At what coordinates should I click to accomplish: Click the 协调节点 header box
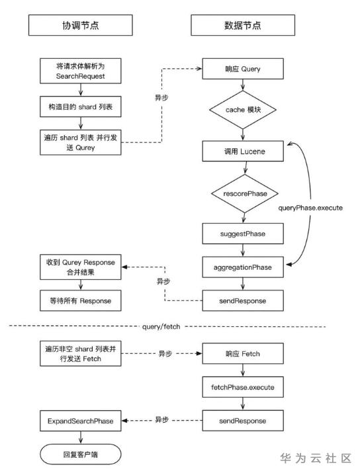point(80,25)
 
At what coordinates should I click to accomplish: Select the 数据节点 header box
point(243,25)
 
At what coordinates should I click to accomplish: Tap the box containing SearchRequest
point(81,71)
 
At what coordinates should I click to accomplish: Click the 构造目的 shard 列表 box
point(81,107)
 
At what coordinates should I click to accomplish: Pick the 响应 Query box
point(243,69)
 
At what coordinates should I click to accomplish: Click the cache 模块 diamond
point(243,110)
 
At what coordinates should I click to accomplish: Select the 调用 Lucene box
point(243,151)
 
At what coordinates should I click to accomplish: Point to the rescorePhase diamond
point(245,193)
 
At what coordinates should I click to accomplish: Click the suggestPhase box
point(243,234)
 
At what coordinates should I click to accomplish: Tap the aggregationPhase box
point(243,267)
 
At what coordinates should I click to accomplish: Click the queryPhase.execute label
point(310,208)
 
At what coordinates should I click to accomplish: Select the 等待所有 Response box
point(81,300)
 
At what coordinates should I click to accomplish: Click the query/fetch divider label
point(161,327)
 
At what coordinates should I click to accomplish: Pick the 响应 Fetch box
point(243,353)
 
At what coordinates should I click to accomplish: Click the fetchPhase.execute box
point(243,387)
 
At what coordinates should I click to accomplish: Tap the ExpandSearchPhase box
point(81,421)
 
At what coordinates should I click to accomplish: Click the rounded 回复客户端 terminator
point(81,454)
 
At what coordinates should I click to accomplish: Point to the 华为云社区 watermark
point(316,458)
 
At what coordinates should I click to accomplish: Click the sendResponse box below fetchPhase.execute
point(243,421)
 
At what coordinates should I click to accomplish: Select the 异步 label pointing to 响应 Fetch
point(165,353)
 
